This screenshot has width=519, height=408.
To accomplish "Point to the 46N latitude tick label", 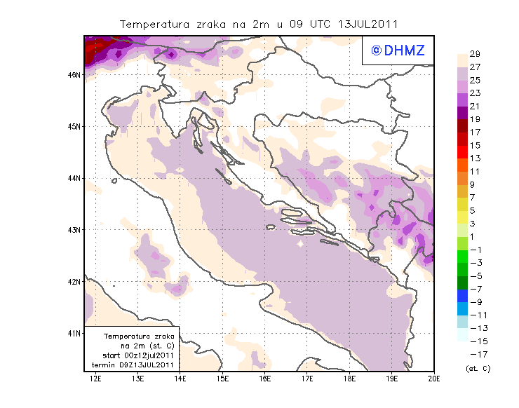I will [74, 74].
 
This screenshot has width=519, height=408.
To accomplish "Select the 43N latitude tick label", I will [74, 229].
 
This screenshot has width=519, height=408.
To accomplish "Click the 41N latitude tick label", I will [74, 333].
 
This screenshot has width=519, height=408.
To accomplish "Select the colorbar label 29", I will [474, 54].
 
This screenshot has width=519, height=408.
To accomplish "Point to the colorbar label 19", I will [474, 119].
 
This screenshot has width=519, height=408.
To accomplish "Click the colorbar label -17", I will [474, 354].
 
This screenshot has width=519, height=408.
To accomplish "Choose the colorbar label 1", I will [474, 237].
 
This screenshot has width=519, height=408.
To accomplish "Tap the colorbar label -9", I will [474, 302].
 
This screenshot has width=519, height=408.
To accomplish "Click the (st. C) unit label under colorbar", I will [478, 368].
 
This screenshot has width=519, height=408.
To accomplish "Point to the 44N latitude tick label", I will [74, 178].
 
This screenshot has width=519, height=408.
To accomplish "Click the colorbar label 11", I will [474, 172].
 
